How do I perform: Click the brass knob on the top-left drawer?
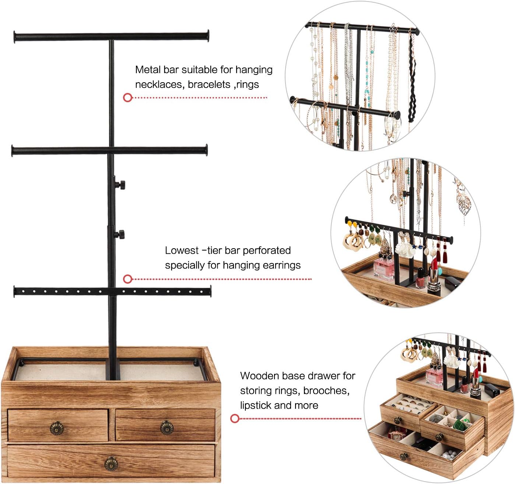[57, 428]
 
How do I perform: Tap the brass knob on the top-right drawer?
[167, 428]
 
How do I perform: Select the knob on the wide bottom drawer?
[111, 464]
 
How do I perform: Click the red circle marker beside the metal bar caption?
[127, 98]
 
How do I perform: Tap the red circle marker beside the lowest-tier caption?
[127, 279]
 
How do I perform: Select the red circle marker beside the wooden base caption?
[235, 418]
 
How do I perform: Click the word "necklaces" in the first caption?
[158, 84]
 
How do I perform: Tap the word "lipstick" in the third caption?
[255, 405]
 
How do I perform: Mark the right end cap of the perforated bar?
[210, 291]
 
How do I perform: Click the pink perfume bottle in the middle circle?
[383, 268]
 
